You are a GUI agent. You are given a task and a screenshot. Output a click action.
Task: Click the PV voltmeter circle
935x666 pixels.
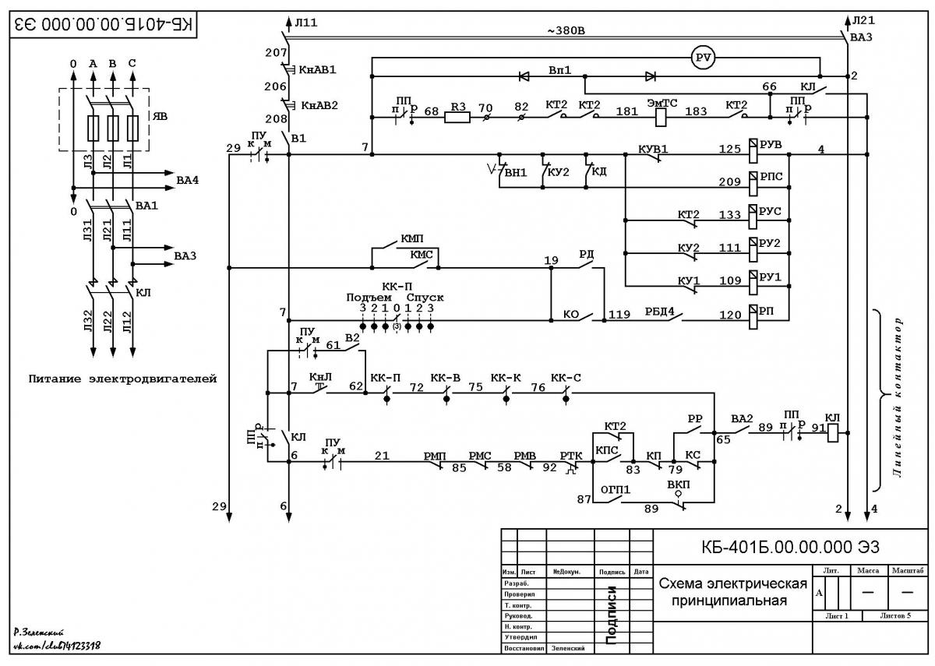coord(704,58)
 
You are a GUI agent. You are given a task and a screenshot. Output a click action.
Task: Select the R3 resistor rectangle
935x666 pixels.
coord(457,118)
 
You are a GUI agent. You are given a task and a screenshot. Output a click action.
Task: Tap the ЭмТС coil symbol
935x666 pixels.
coord(661,118)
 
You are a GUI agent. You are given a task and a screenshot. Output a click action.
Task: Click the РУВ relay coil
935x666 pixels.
coord(753,150)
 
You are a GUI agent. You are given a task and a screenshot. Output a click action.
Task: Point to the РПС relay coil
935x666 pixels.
coord(753,183)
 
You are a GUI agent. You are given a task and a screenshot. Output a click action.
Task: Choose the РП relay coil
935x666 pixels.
coord(753,316)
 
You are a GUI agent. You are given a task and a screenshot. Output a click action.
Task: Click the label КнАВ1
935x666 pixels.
coord(317,69)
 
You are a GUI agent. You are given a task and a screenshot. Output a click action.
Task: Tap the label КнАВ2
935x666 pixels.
coord(319,106)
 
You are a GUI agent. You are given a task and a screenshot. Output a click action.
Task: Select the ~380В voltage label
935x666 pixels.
coord(566,31)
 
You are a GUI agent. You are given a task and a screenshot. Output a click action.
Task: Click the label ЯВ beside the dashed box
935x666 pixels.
coord(160,116)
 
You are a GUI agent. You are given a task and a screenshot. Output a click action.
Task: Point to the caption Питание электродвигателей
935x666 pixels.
coord(123,379)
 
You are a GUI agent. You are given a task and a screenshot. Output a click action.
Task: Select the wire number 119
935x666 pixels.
coord(619,314)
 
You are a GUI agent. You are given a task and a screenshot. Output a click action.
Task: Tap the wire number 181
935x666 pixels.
coord(627,111)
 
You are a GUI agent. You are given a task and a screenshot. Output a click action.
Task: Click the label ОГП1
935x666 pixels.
coord(616,489)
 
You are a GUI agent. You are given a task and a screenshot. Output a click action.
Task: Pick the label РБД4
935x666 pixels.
coord(659,312)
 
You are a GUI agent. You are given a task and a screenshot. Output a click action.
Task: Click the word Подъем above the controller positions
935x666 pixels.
coord(369,298)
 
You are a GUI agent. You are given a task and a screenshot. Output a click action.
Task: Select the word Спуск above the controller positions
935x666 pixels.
coord(425,298)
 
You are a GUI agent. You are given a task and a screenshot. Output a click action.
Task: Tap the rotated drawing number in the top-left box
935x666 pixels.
coord(103,24)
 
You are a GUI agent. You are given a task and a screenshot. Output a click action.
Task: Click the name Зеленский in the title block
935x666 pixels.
coord(568,648)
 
